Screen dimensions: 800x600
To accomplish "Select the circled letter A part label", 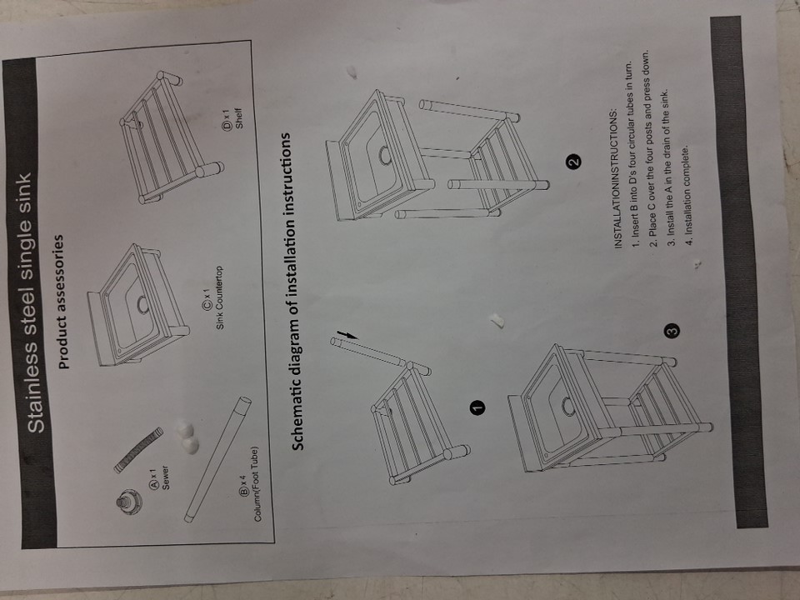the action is pos(153,485).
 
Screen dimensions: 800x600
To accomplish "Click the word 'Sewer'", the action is pos(165,477).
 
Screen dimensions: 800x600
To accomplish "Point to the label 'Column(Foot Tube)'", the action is pos(256,484).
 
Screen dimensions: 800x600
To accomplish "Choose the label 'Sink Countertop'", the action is pos(219,297).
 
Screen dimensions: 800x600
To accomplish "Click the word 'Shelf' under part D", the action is pos(238,117).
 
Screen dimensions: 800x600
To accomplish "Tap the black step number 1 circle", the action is pos(477,407).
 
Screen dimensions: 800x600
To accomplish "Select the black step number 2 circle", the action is pos(573,162).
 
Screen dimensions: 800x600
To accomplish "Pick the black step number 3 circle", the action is pos(673,331).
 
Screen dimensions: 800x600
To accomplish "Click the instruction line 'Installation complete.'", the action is pos(687,190).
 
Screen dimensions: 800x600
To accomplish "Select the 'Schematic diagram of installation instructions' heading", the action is pos(297,292).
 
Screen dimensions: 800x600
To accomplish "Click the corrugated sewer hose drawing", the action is pos(137,450).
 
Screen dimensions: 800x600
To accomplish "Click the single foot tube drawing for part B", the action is pos(217,460).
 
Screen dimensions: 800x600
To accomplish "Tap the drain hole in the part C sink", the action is pos(143,305).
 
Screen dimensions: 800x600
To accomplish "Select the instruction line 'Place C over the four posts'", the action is pos(651,149).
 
